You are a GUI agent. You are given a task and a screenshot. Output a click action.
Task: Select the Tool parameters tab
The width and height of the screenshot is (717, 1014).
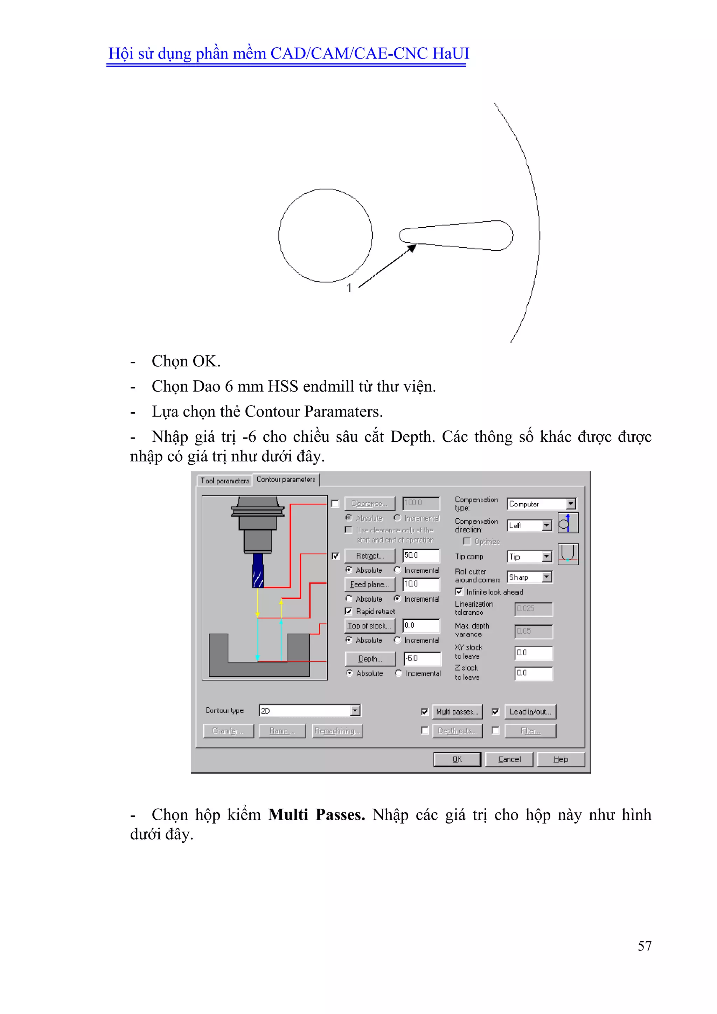click(225, 481)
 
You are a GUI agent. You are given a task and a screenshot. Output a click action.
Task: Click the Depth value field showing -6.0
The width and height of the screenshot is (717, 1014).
click(422, 658)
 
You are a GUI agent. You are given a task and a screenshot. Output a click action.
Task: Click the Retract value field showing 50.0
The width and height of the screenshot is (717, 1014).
click(421, 555)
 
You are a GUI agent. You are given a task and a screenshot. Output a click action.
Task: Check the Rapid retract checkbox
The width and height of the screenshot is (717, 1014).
click(349, 611)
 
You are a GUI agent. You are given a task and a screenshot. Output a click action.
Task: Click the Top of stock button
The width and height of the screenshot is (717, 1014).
click(369, 626)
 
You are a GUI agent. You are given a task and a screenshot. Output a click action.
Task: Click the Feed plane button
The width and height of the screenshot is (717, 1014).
click(369, 584)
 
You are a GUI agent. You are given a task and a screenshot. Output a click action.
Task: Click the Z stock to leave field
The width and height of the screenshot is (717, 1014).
click(533, 673)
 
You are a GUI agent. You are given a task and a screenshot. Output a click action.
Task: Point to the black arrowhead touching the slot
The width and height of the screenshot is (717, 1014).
click(412, 248)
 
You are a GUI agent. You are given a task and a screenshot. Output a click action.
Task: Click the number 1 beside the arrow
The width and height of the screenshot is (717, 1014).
click(349, 288)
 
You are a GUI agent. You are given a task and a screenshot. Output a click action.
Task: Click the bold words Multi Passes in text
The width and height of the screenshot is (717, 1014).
click(316, 815)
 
